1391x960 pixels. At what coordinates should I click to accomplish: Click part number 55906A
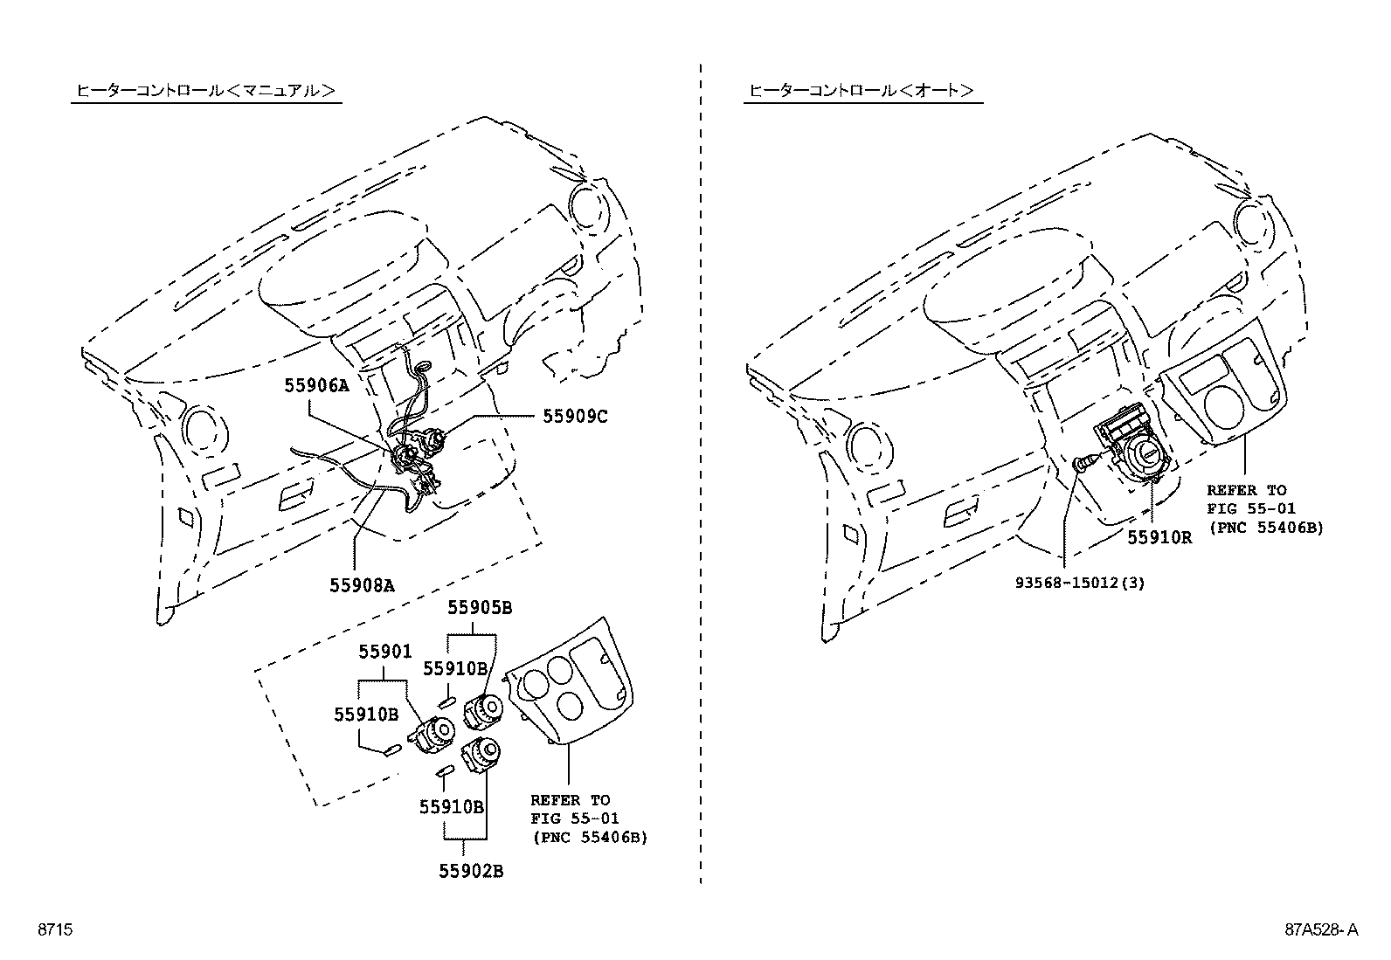[x=315, y=385]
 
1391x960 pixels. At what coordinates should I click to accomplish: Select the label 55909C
[x=574, y=417]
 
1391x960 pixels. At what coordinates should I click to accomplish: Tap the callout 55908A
[x=362, y=585]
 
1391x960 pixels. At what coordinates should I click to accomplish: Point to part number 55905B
[x=480, y=607]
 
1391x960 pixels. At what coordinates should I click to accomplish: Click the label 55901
[x=384, y=652]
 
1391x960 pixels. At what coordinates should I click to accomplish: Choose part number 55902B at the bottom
[x=471, y=871]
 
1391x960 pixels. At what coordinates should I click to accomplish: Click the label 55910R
[x=1159, y=538]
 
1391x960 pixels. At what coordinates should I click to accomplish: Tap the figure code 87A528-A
[x=1321, y=931]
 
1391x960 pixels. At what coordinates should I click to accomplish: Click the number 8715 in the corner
[x=53, y=931]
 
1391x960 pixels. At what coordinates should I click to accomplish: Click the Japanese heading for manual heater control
[x=206, y=90]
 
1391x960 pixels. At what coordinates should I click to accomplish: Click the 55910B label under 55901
[x=365, y=714]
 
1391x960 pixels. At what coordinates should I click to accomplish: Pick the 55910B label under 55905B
[x=454, y=668]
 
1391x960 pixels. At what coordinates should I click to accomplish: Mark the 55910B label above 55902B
[x=451, y=807]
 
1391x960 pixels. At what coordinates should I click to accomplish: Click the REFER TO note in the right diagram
[x=1264, y=508]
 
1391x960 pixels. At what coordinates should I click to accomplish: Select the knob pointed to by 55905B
[x=483, y=710]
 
